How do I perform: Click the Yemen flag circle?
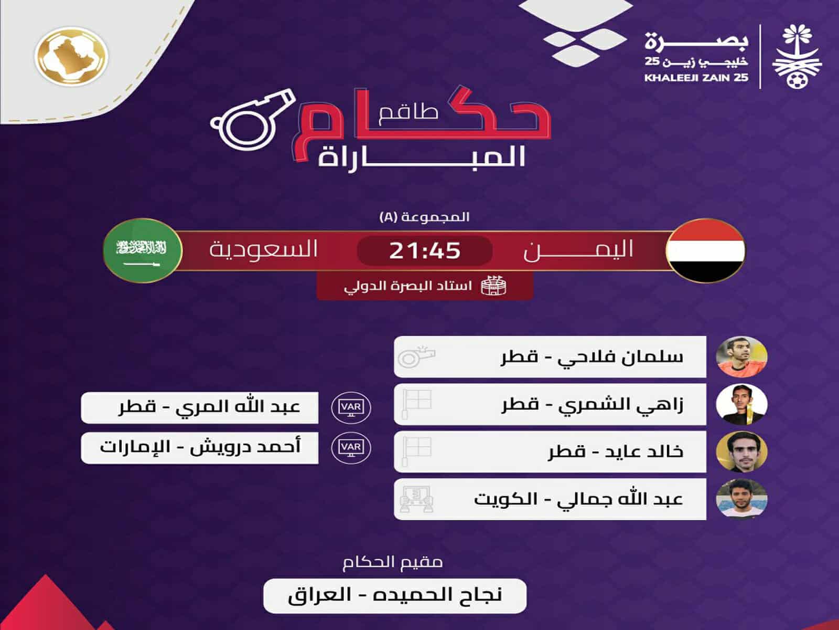coord(705,250)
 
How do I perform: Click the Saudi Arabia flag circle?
coord(142,250)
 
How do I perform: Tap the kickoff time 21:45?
coord(424,250)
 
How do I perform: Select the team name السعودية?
coord(263,249)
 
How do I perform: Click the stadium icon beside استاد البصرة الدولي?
coord(494,287)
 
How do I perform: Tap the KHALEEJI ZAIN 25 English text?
coord(697,78)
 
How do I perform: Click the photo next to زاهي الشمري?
coord(741,404)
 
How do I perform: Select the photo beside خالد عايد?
coord(741,451)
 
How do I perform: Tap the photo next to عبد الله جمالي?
coord(741,499)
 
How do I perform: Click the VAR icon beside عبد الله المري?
coord(351,407)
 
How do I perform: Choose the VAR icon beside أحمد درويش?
coord(351,447)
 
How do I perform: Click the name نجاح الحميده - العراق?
coord(394,595)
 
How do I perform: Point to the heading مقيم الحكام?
coord(393,562)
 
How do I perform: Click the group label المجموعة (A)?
coord(424,217)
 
